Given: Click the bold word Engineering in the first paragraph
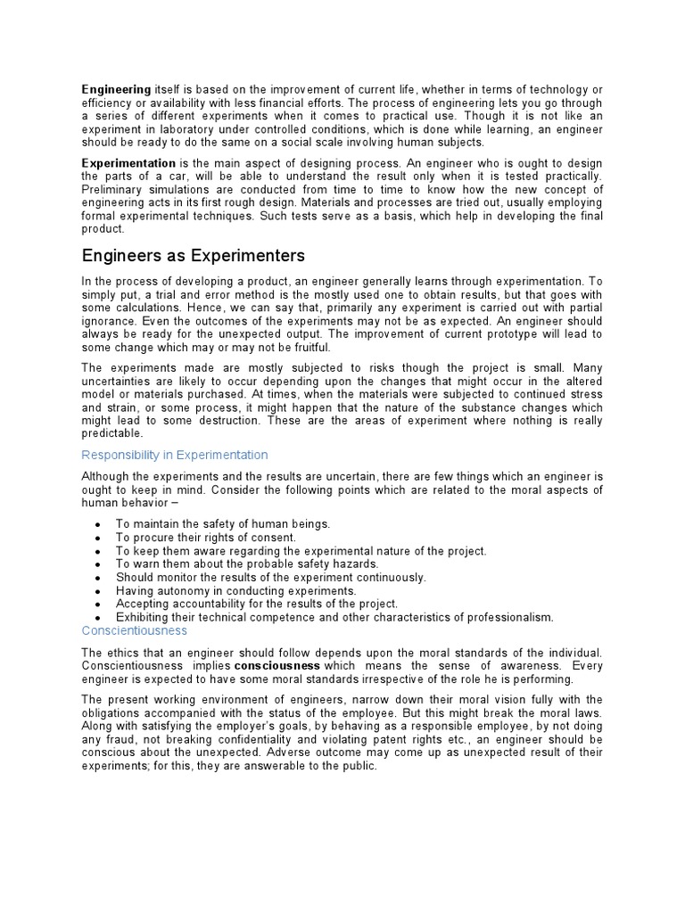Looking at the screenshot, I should click(117, 89).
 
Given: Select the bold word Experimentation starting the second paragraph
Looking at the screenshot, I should click(128, 164).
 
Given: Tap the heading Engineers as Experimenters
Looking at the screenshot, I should click(194, 256).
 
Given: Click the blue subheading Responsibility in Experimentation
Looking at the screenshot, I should click(175, 455).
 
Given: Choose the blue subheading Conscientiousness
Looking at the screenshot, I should click(135, 630).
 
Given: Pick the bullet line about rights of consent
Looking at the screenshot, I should click(206, 538).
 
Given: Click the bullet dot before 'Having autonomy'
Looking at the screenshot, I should click(96, 591).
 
